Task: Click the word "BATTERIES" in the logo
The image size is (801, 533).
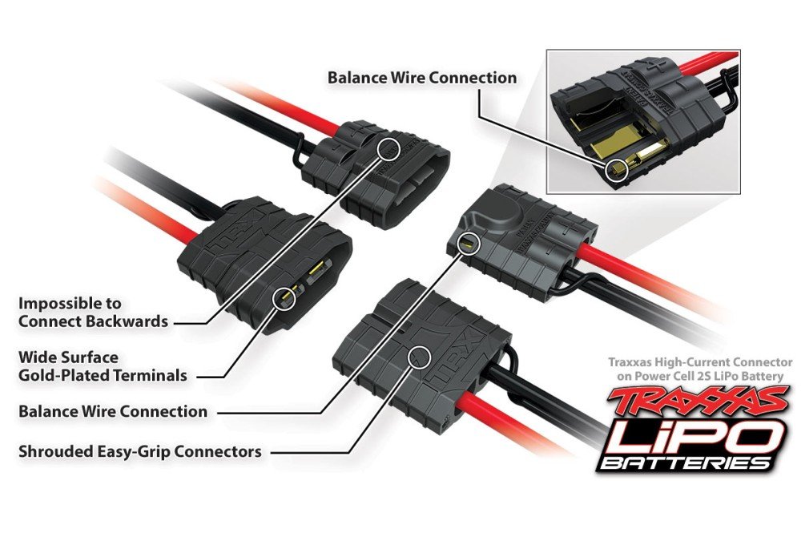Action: coord(685,463)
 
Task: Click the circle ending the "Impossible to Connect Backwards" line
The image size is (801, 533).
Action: coord(389,147)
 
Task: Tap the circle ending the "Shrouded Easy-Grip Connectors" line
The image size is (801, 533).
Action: coord(420,357)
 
